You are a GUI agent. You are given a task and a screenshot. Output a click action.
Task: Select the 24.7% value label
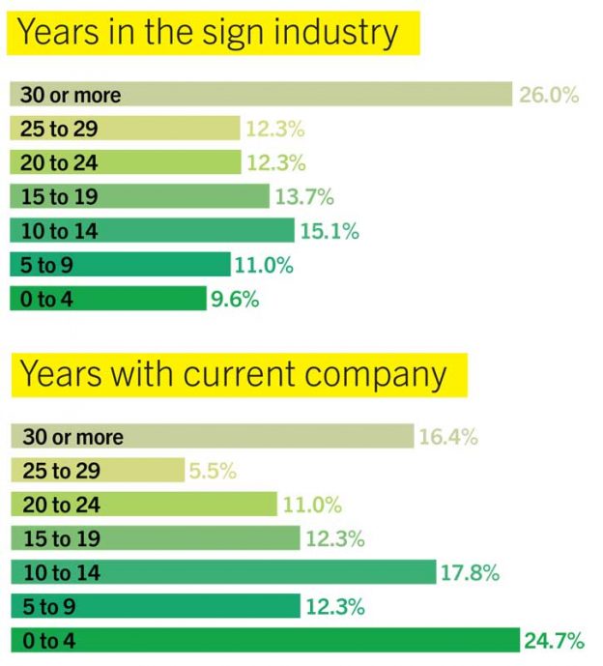(x=555, y=640)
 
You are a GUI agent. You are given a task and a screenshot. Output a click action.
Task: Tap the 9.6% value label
(x=235, y=300)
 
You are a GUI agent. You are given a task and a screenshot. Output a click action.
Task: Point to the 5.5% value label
(x=213, y=472)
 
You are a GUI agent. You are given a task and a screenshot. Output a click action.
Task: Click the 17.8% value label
(x=470, y=573)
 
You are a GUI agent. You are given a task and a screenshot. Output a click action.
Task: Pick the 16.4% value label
(x=447, y=437)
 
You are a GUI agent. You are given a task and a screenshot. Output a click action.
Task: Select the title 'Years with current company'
(x=234, y=374)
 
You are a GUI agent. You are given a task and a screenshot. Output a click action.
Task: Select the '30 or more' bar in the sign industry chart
(x=260, y=95)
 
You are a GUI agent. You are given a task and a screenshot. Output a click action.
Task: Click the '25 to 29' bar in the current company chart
(x=97, y=472)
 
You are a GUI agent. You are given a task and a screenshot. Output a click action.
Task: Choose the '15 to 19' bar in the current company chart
(x=155, y=539)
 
